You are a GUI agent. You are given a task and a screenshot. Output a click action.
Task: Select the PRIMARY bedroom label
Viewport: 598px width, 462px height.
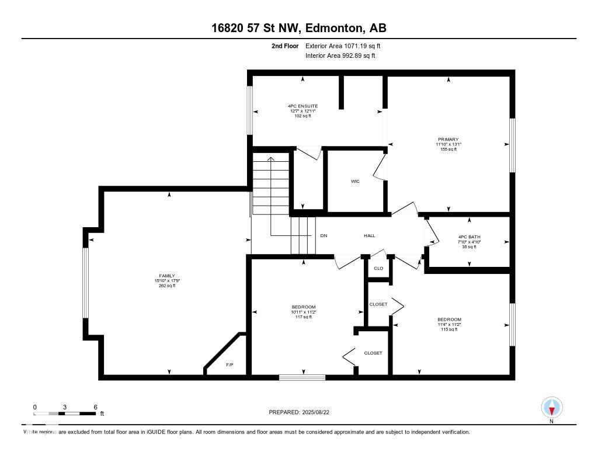448,139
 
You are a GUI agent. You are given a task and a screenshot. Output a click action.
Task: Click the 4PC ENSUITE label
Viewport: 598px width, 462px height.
303,106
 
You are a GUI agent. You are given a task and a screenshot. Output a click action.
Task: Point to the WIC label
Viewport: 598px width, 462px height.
355,182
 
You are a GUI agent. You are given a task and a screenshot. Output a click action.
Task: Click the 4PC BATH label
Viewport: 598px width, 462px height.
469,237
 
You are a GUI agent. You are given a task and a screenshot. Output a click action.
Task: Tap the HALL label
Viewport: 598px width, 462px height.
369,235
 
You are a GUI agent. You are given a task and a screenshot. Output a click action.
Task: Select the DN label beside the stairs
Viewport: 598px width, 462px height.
324,235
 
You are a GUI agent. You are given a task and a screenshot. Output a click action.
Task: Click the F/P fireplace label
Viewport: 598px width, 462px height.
230,365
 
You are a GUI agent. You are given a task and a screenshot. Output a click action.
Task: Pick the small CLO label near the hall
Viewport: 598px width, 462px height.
378,268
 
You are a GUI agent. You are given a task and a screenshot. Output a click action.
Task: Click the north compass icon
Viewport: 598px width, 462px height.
551,407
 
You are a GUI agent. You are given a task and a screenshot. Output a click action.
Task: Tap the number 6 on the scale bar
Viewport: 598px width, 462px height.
95,407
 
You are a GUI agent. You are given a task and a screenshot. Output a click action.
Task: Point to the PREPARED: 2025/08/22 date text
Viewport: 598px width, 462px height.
303,412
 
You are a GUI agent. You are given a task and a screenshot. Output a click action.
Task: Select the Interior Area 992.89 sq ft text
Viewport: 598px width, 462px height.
340,55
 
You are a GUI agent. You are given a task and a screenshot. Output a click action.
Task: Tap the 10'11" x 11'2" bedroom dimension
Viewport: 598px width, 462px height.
304,312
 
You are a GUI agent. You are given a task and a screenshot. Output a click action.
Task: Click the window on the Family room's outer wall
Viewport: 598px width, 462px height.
86,283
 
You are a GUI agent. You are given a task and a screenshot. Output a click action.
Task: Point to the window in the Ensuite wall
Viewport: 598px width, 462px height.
249,110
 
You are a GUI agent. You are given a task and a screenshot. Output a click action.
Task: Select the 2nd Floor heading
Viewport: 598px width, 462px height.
286,46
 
